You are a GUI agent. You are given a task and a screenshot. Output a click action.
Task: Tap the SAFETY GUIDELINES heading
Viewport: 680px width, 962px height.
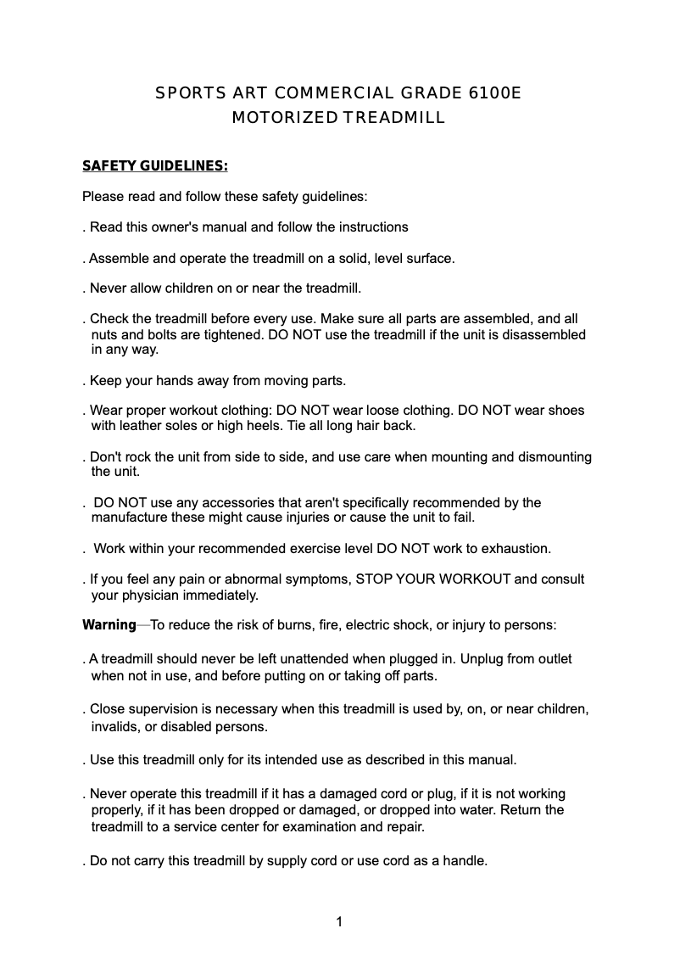154,165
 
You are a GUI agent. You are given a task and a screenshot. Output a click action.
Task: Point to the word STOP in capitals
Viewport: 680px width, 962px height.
373,579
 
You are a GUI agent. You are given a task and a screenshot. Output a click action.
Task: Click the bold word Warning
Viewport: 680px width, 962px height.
109,625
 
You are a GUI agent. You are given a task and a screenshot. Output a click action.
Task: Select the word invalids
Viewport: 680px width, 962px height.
115,728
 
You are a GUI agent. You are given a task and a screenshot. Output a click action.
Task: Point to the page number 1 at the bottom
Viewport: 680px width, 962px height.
339,921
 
